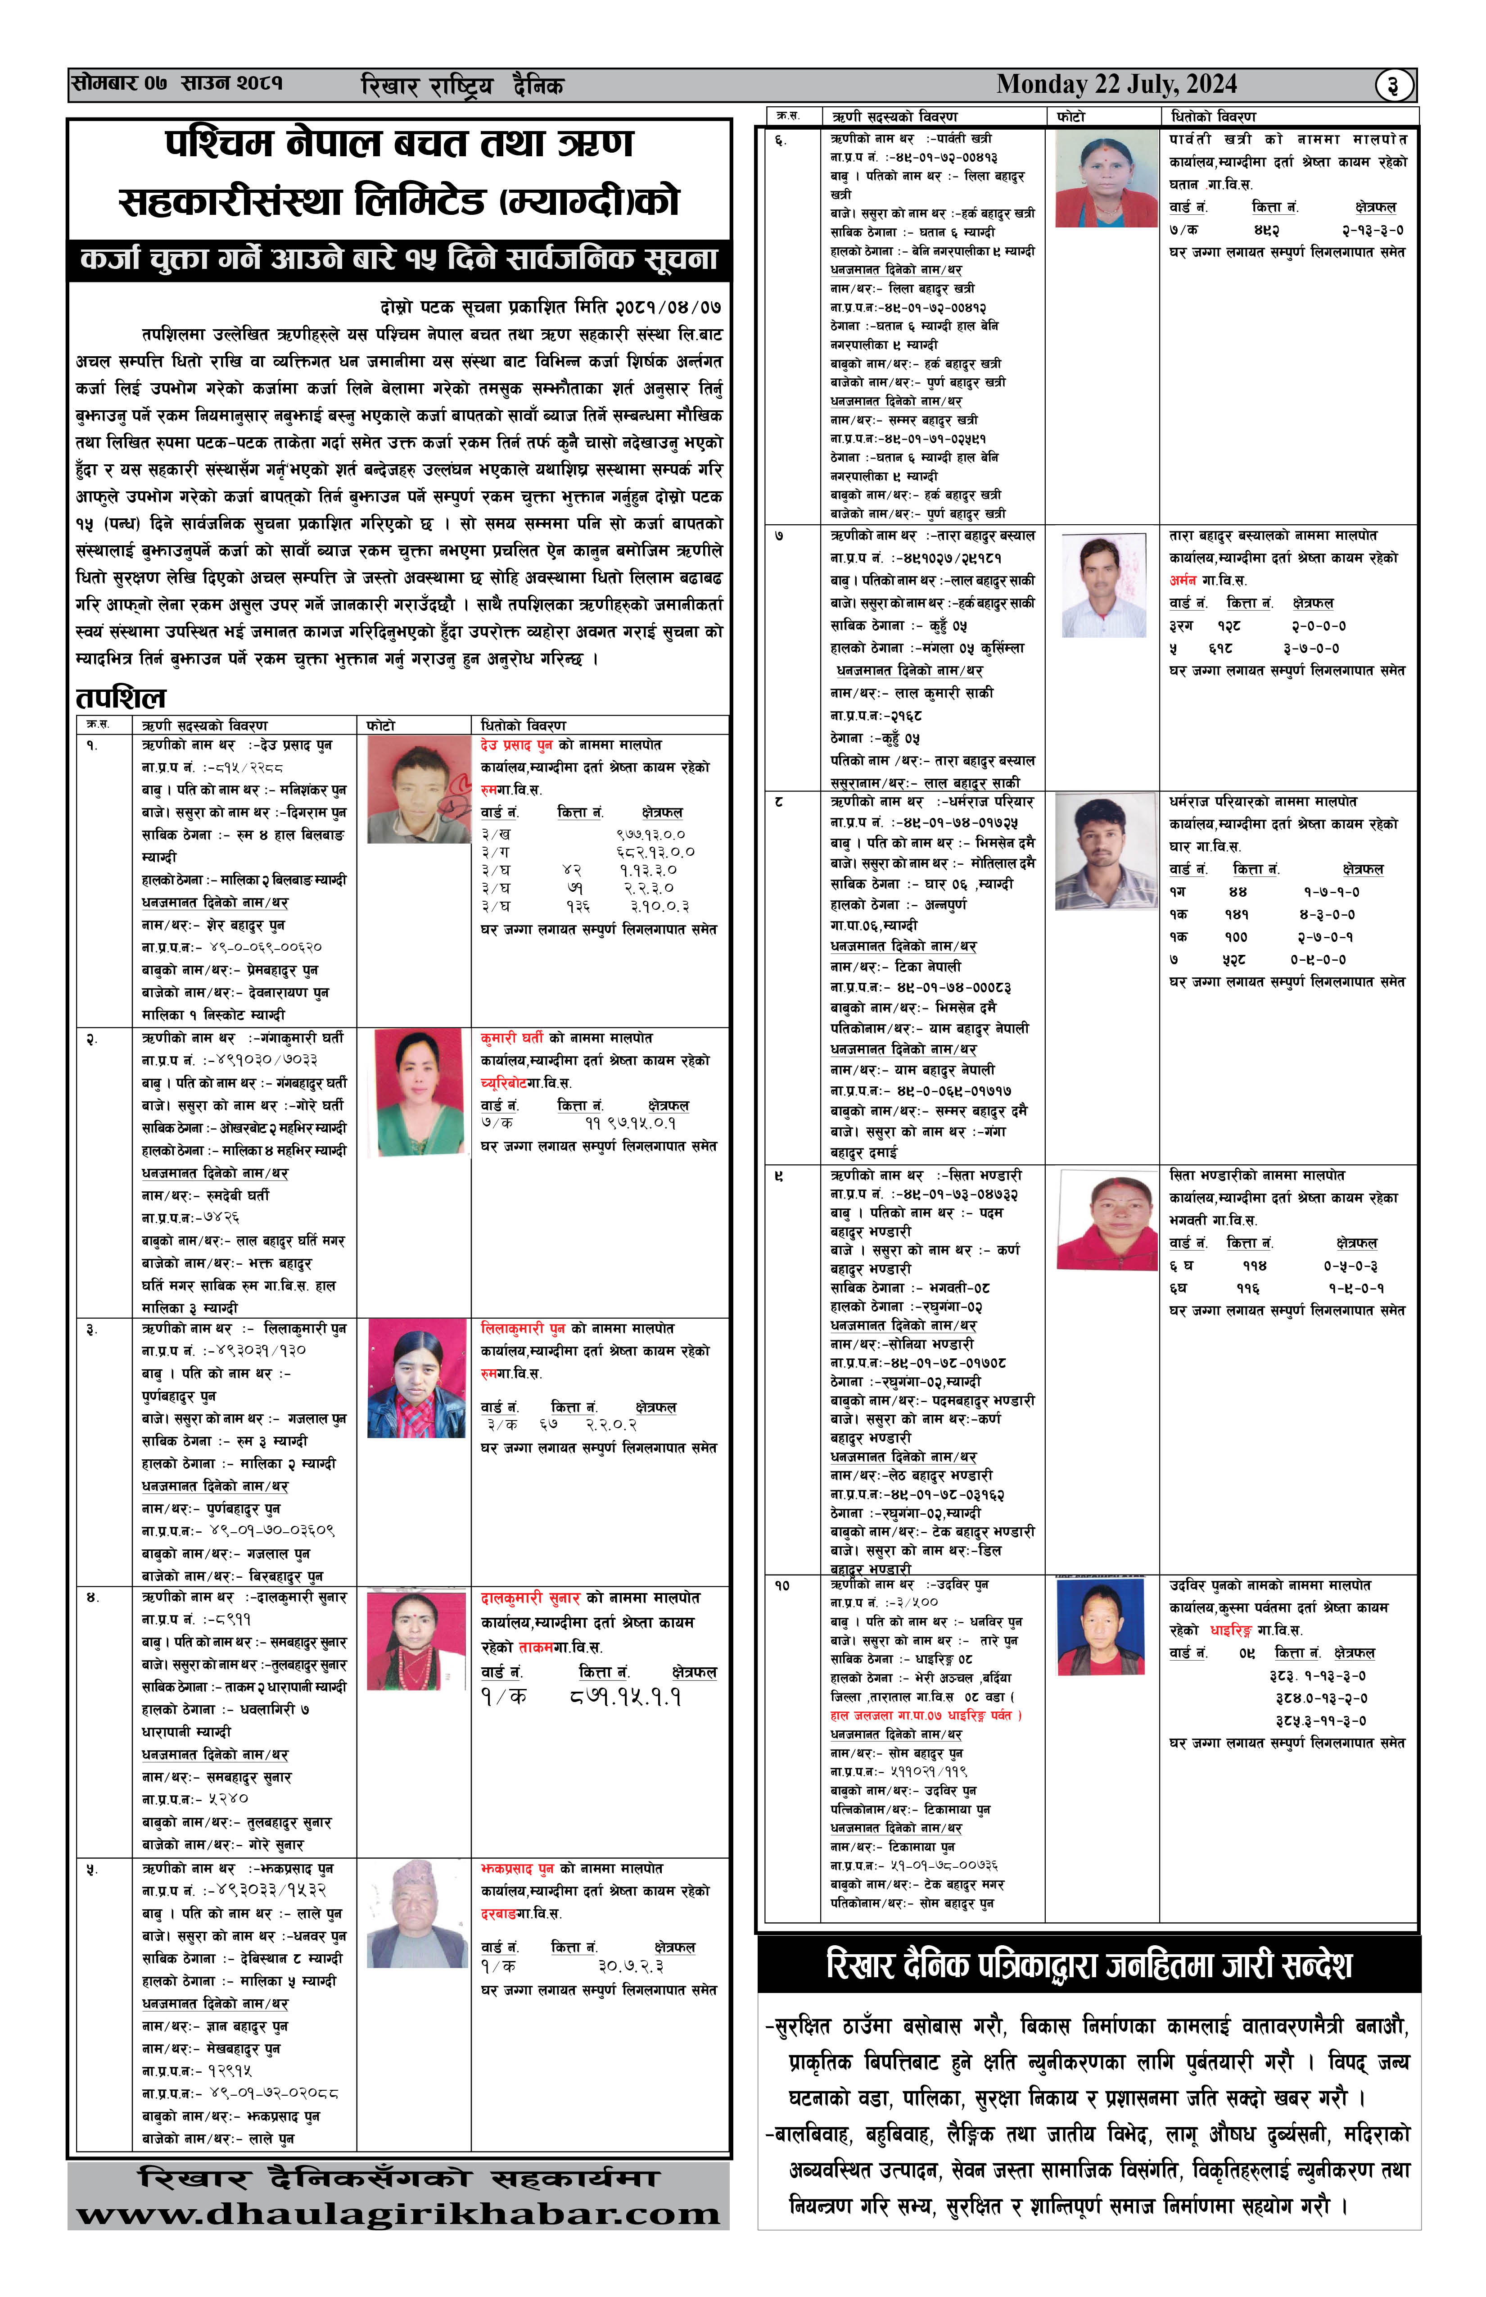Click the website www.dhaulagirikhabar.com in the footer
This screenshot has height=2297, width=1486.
click(x=398, y=2214)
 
